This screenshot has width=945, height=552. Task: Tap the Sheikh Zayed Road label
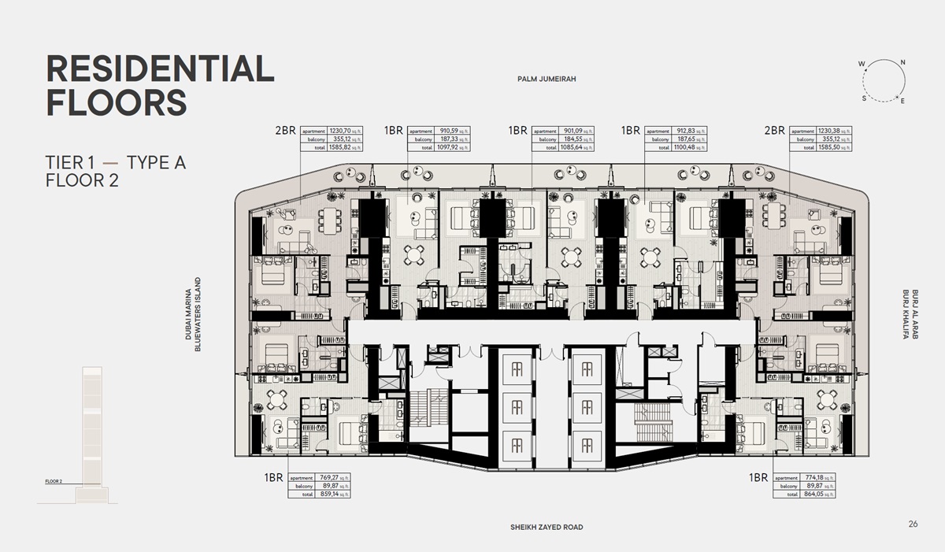click(547, 527)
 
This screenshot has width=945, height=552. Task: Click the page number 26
click(913, 524)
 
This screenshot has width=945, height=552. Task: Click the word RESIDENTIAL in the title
click(161, 69)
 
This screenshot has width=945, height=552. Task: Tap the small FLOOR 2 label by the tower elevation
click(54, 480)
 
